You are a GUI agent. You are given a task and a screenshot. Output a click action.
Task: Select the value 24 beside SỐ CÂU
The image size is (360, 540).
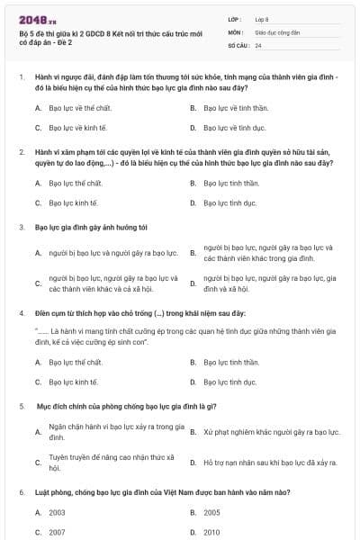[258, 44]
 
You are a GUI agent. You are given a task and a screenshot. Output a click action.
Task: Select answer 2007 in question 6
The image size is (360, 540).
[57, 532]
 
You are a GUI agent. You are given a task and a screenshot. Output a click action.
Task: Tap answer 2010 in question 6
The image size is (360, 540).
[211, 532]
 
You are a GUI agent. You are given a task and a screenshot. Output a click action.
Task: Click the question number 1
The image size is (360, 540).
[21, 77]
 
